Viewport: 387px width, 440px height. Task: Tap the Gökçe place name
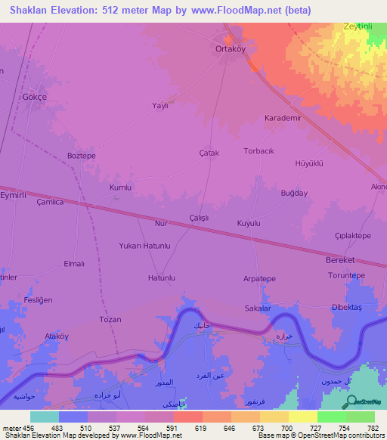tap(35, 98)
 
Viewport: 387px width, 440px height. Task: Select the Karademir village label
tap(283, 119)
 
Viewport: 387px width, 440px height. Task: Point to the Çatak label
tap(209, 153)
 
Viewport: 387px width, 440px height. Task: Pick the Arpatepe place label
tap(259, 278)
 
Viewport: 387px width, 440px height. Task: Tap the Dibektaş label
tap(348, 308)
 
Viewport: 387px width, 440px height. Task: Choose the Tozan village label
tap(110, 320)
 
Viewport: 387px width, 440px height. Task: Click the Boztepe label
tap(82, 156)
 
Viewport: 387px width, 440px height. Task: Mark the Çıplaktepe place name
tap(352, 236)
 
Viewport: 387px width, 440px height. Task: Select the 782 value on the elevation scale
tap(373, 427)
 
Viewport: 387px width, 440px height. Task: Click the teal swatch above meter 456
tap(45, 417)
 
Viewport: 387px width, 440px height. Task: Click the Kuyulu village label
tap(249, 224)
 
